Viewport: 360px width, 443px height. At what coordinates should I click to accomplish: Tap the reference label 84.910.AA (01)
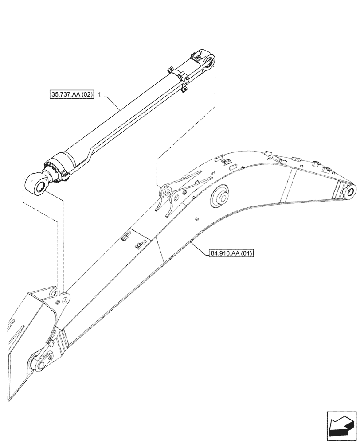pos(230,253)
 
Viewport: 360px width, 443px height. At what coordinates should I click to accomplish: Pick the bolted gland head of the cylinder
pos(55,171)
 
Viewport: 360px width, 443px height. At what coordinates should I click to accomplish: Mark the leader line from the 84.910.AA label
pos(199,246)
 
